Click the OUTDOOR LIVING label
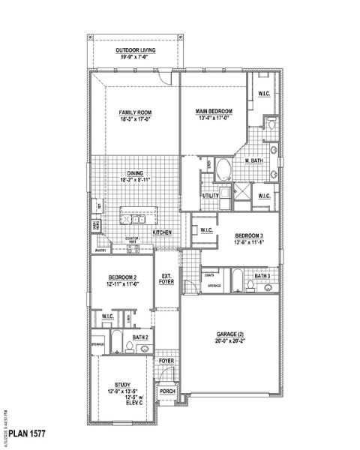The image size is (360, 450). pyautogui.click(x=136, y=50)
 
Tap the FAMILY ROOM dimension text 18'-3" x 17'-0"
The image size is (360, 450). pyautogui.click(x=136, y=118)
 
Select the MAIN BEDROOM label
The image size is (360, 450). pyautogui.click(x=214, y=111)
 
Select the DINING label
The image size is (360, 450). pyautogui.click(x=135, y=173)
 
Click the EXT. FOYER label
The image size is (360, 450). pyautogui.click(x=166, y=279)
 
